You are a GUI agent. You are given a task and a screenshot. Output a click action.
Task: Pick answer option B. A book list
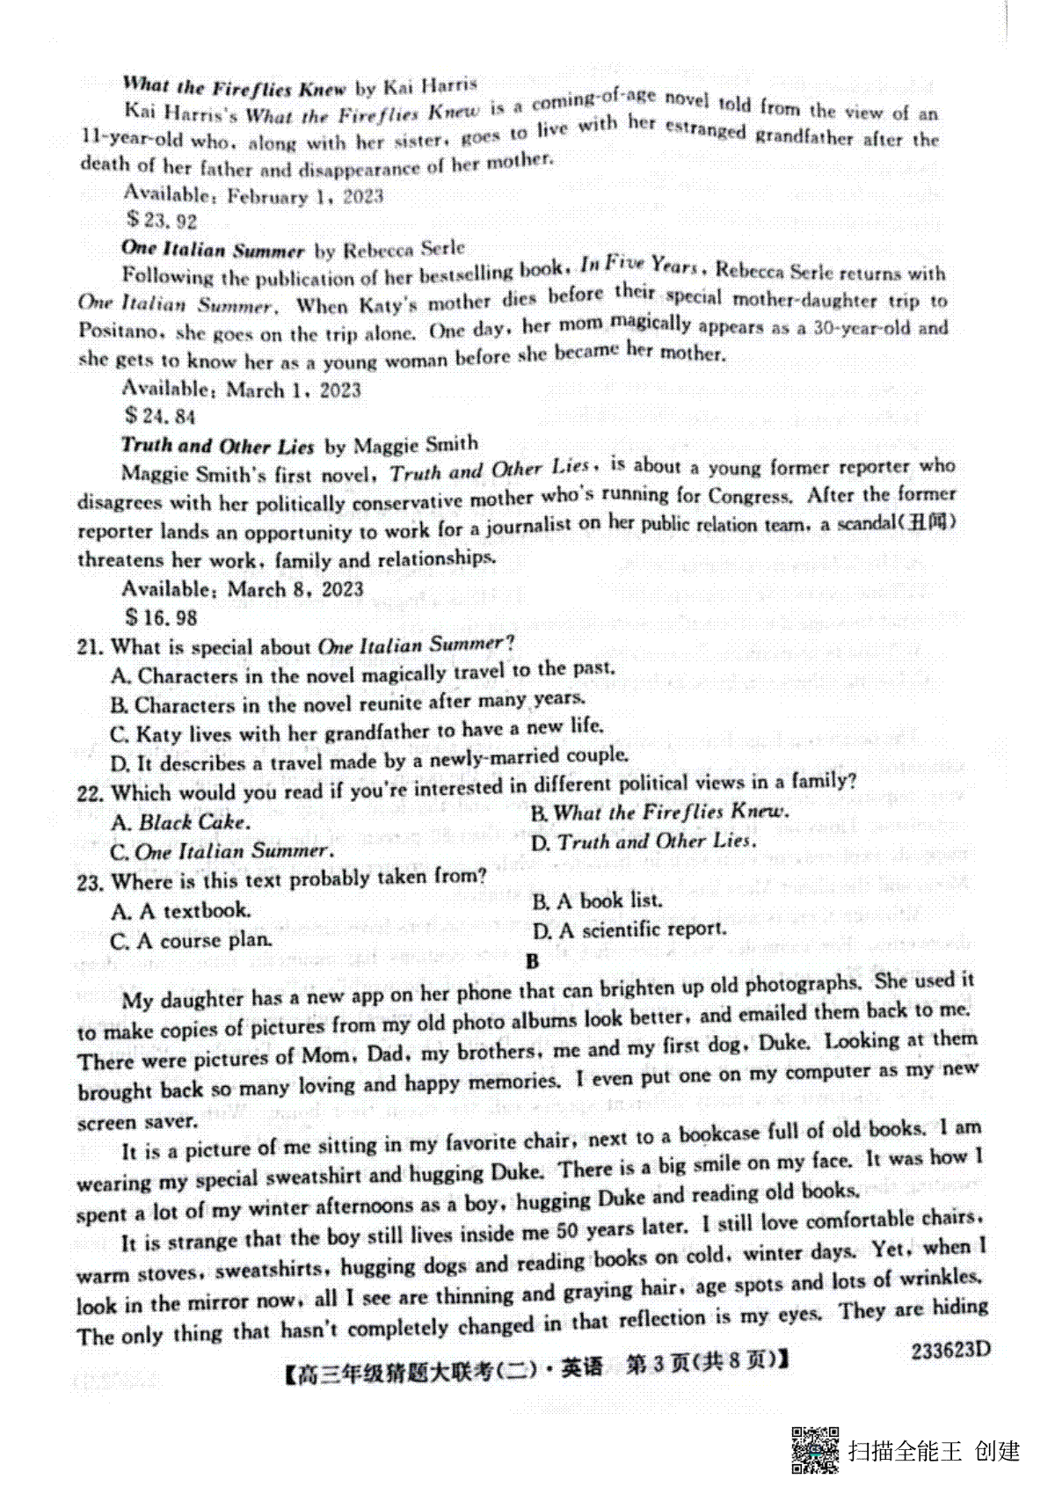[597, 900]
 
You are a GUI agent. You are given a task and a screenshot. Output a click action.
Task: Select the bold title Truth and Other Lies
[217, 445]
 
